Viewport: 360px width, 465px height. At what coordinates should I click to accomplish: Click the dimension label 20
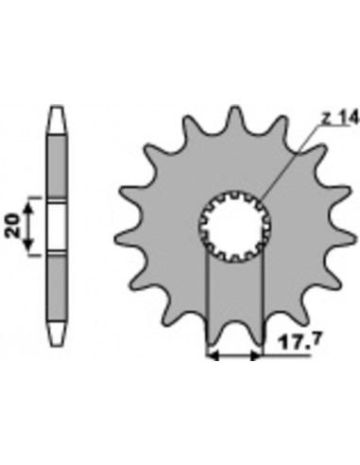(12, 225)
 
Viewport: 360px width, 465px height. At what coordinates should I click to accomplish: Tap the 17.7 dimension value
(300, 342)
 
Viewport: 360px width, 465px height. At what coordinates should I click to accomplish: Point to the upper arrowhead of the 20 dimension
(28, 208)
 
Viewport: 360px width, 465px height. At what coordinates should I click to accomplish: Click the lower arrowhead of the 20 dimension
(28, 243)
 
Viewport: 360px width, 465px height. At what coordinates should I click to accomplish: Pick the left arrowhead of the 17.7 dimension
(213, 356)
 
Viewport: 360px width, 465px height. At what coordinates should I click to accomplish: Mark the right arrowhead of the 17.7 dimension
(255, 356)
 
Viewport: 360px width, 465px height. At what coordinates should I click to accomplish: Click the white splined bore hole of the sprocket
(234, 226)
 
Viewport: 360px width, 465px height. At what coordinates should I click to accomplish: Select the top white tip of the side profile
(57, 119)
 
